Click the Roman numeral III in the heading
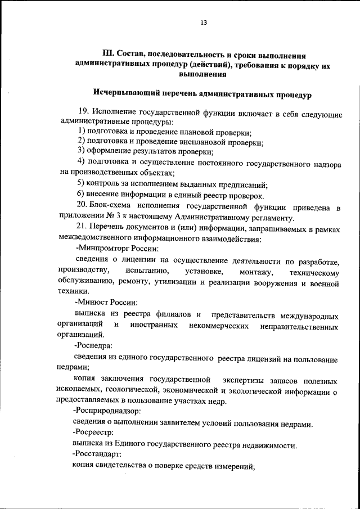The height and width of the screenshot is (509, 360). [109, 55]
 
